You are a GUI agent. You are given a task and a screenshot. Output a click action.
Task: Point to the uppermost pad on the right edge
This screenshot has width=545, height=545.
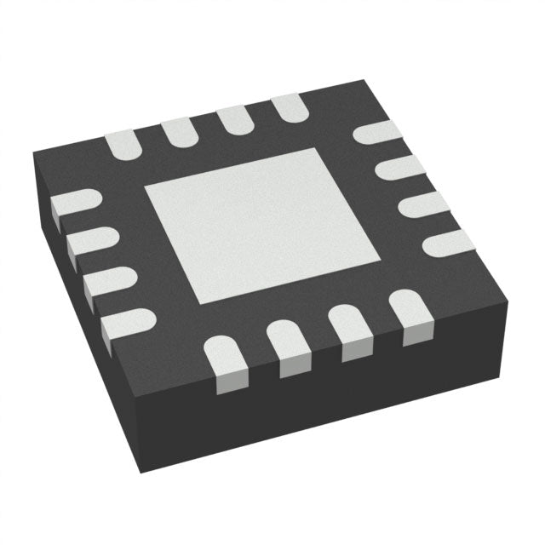click(377, 133)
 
